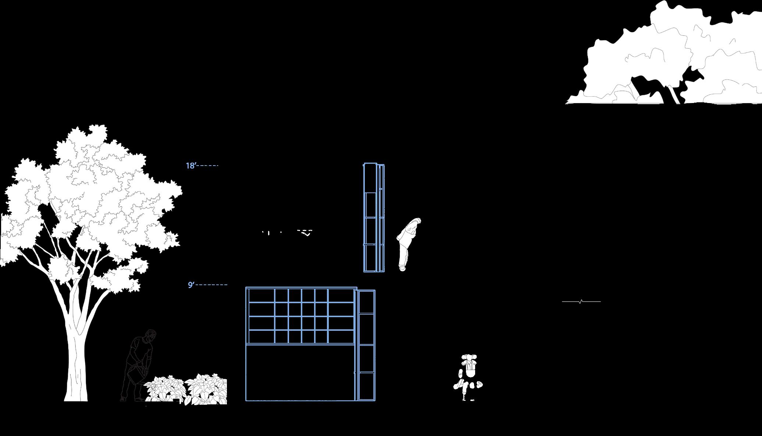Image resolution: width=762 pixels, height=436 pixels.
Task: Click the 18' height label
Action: [x=191, y=166]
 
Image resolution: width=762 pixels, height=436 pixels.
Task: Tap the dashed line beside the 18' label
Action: [x=209, y=166]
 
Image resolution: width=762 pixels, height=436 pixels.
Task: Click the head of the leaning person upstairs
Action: [x=416, y=223]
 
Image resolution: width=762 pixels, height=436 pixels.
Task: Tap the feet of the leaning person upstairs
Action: [x=402, y=269]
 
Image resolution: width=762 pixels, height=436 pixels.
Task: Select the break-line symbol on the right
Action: [x=581, y=302]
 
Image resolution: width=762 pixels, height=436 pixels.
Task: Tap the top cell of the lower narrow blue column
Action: [x=366, y=302]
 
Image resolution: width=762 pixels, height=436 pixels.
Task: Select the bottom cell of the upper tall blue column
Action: [x=371, y=258]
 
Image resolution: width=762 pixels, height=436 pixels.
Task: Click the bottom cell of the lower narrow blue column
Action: [x=366, y=386]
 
